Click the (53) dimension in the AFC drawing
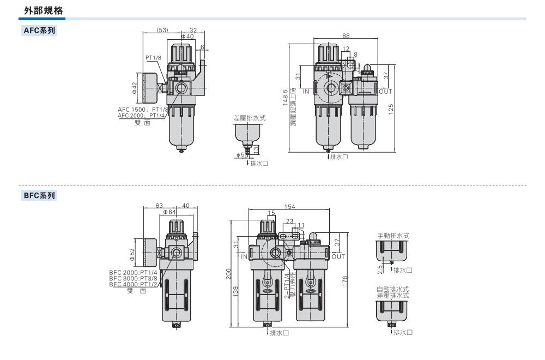tap(162, 31)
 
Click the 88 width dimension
tap(346, 35)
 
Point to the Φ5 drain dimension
tap(240, 154)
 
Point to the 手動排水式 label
tap(393, 236)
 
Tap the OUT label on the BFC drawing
tap(338, 256)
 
